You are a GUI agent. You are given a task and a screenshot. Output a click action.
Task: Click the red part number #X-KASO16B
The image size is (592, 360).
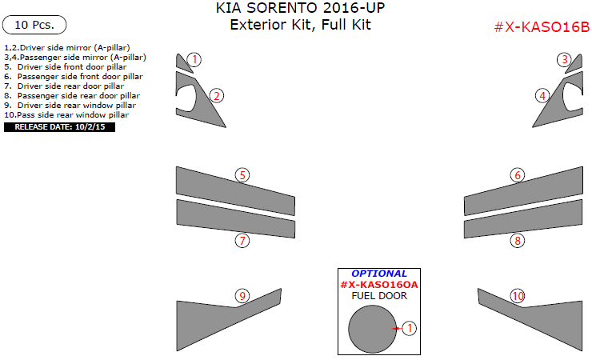click(542, 27)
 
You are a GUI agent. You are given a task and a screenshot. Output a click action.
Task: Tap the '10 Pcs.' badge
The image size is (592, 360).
click(34, 25)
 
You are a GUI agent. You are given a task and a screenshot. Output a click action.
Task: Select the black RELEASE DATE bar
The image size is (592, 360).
click(60, 127)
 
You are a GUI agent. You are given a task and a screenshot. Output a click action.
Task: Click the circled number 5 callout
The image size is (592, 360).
click(242, 175)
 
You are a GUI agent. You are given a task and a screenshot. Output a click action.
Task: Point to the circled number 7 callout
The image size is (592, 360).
click(242, 240)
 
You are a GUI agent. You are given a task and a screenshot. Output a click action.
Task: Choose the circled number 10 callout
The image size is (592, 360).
click(518, 296)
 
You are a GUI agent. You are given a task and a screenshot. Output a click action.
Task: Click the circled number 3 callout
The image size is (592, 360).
click(565, 60)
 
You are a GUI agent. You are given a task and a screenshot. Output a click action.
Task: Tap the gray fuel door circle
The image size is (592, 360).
click(372, 329)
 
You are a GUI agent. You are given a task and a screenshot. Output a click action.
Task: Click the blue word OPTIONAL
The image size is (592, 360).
click(379, 274)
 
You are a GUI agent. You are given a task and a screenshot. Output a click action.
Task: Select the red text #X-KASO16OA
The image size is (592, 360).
click(379, 285)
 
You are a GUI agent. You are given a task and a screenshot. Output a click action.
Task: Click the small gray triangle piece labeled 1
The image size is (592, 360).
click(183, 63)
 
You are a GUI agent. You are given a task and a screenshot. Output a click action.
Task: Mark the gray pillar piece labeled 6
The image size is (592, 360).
click(523, 191)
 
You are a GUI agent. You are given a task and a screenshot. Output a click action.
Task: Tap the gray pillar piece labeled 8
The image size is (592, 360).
click(523, 219)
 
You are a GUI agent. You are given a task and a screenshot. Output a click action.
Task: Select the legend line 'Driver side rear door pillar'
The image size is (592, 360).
click(64, 86)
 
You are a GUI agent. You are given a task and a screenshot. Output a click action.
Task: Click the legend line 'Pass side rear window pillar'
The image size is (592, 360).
click(66, 114)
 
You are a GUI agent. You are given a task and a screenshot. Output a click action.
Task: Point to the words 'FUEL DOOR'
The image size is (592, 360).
click(379, 296)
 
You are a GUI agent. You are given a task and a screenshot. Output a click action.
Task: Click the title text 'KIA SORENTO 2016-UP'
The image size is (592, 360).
click(300, 8)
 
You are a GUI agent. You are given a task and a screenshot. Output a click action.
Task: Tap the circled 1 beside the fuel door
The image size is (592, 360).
click(410, 328)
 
